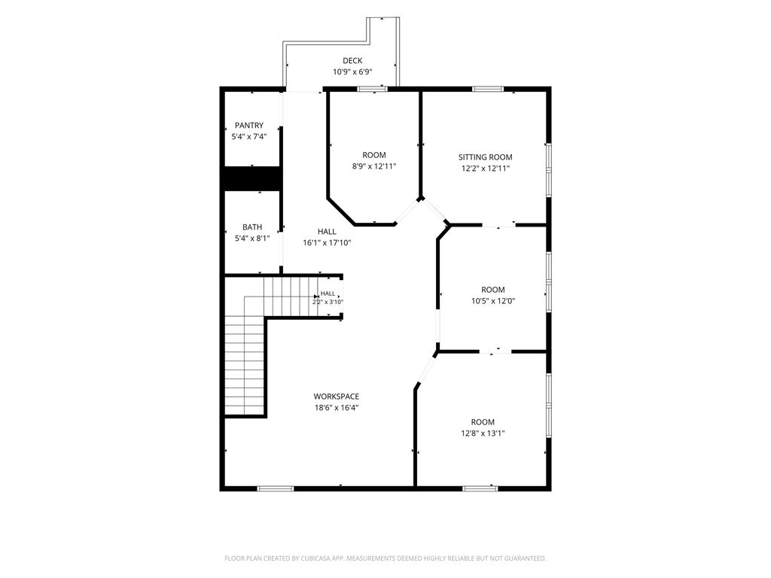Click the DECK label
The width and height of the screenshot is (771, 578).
(x=352, y=61)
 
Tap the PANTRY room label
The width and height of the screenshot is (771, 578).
(x=248, y=126)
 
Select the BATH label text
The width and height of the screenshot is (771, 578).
(x=251, y=227)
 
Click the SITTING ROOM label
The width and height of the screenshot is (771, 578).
(x=486, y=157)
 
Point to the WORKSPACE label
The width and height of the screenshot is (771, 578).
(x=337, y=396)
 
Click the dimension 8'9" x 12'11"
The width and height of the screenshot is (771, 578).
(x=374, y=166)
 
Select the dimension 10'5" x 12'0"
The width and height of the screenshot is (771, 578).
(x=493, y=301)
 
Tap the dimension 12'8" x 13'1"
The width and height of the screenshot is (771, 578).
(x=483, y=433)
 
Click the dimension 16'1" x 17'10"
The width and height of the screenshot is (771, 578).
(x=327, y=242)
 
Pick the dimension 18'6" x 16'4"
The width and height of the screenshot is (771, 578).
(x=337, y=407)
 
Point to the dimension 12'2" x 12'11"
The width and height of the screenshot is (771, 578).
(x=486, y=168)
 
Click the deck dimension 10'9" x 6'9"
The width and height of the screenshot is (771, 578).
(x=352, y=71)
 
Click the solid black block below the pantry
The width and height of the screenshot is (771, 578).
(x=253, y=178)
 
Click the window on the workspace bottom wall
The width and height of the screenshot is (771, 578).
(x=276, y=488)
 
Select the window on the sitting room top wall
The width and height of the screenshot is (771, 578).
(x=488, y=89)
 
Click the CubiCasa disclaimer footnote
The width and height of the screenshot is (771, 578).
(x=385, y=558)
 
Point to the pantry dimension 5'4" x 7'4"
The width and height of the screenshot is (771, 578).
(x=248, y=136)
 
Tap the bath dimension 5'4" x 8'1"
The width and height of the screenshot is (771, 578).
(x=251, y=239)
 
